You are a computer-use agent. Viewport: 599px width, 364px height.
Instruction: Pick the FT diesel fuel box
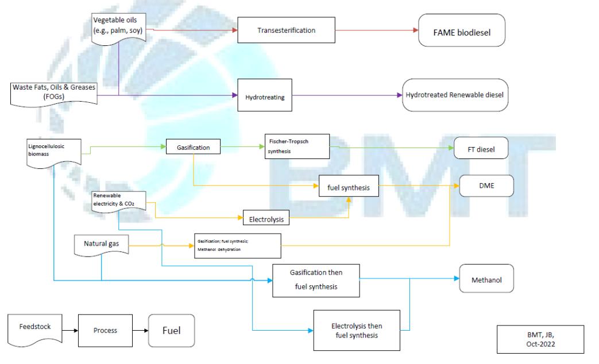pyautogui.click(x=482, y=150)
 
